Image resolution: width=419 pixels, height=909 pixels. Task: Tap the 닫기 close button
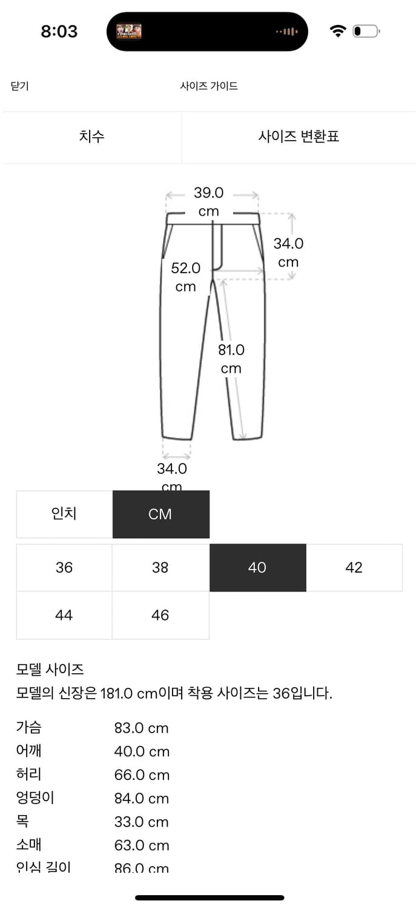[x=19, y=86]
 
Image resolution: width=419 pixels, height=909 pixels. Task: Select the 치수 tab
[x=91, y=136]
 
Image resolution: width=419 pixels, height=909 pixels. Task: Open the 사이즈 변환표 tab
[x=299, y=136]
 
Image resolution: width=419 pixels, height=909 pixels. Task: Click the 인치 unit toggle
[x=64, y=514]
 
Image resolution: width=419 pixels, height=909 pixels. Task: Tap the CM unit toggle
[x=160, y=514]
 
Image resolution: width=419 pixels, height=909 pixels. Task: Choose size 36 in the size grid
[x=64, y=568]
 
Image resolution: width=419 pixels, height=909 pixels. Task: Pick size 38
[x=160, y=568]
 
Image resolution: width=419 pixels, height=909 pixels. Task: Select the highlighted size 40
[x=257, y=568]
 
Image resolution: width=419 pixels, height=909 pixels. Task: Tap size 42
[x=354, y=568]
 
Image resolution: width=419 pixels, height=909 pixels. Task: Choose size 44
[x=64, y=616]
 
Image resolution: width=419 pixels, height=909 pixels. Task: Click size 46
[x=160, y=616]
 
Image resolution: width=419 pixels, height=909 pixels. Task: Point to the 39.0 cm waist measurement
[x=208, y=202]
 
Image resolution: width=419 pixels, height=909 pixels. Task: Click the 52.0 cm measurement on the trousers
[x=185, y=277]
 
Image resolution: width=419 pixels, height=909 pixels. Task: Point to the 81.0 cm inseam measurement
[x=231, y=359]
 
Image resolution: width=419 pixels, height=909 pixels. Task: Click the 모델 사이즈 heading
[x=50, y=670]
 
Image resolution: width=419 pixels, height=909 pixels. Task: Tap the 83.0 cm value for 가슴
[x=141, y=728]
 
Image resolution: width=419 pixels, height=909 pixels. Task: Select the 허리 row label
[x=29, y=774]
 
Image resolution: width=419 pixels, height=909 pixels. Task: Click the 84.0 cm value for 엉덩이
[x=141, y=799]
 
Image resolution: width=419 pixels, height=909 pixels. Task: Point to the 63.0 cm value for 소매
[x=141, y=845]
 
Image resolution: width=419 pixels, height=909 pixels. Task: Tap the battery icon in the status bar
[x=365, y=31]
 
